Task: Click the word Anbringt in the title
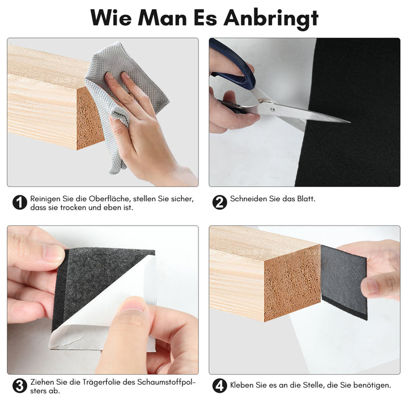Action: (270, 18)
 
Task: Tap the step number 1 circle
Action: (20, 202)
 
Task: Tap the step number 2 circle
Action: (219, 202)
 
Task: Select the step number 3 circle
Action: (20, 386)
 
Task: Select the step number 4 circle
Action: (219, 386)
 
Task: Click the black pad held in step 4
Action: (343, 280)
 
